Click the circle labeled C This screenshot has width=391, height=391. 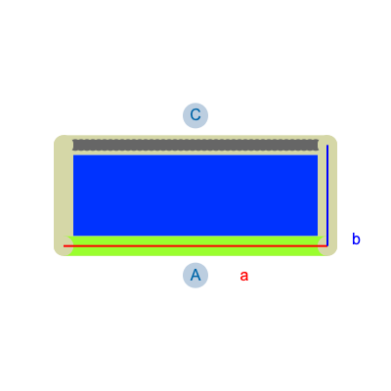click(x=195, y=115)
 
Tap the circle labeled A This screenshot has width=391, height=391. click(x=195, y=276)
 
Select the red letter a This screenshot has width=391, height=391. click(x=244, y=276)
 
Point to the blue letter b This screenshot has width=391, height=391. click(x=356, y=239)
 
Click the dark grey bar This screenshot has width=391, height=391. click(x=195, y=145)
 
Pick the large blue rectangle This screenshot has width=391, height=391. click(x=195, y=195)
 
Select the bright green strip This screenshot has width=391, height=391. click(x=195, y=245)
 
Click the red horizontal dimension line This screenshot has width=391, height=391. click(x=195, y=246)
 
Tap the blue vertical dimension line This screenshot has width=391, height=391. click(x=327, y=195)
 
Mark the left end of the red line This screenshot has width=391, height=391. click(x=64, y=246)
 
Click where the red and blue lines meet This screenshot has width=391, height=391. click(x=327, y=246)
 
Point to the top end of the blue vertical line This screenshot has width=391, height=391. click(x=327, y=146)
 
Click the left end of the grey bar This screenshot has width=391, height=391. click(x=73, y=145)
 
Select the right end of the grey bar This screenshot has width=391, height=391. click(x=318, y=145)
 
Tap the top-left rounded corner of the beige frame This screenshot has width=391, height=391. click(x=57, y=138)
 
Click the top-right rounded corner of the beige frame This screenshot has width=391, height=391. click(x=334, y=138)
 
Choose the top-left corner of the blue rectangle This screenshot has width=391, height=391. click(x=73, y=155)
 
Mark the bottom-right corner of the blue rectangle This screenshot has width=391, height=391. click(x=318, y=236)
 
